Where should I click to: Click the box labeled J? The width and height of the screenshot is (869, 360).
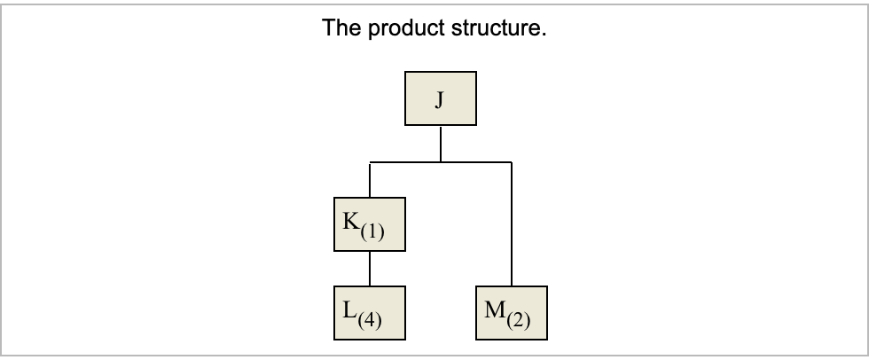click(x=441, y=99)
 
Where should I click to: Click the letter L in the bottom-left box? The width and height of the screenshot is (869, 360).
click(x=347, y=310)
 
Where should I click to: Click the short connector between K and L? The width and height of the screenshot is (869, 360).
click(x=370, y=269)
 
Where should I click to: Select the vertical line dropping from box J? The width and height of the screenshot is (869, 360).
click(x=441, y=144)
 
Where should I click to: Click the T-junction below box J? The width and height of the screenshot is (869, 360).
click(x=441, y=163)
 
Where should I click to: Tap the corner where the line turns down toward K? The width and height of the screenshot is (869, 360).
click(x=370, y=163)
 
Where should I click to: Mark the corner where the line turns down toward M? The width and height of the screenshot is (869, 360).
click(x=512, y=163)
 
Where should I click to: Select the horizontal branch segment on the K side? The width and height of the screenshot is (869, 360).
click(x=405, y=163)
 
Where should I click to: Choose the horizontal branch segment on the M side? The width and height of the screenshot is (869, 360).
click(x=476, y=163)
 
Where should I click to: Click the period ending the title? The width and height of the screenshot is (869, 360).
click(x=544, y=35)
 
